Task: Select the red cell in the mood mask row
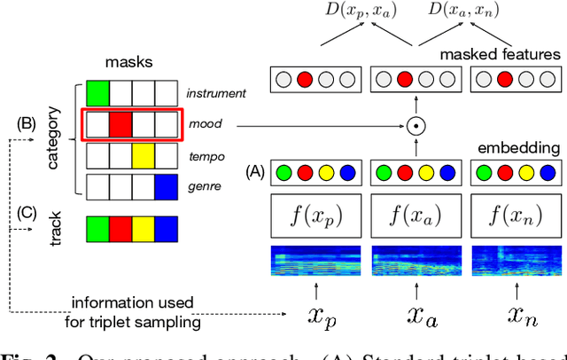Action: tap(121, 124)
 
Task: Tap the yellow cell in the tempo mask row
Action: tap(144, 156)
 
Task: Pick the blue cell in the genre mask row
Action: tap(166, 186)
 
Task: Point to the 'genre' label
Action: tap(205, 188)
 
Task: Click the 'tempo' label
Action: tap(206, 157)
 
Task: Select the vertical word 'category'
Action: tap(52, 141)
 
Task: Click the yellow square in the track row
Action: tap(144, 231)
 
